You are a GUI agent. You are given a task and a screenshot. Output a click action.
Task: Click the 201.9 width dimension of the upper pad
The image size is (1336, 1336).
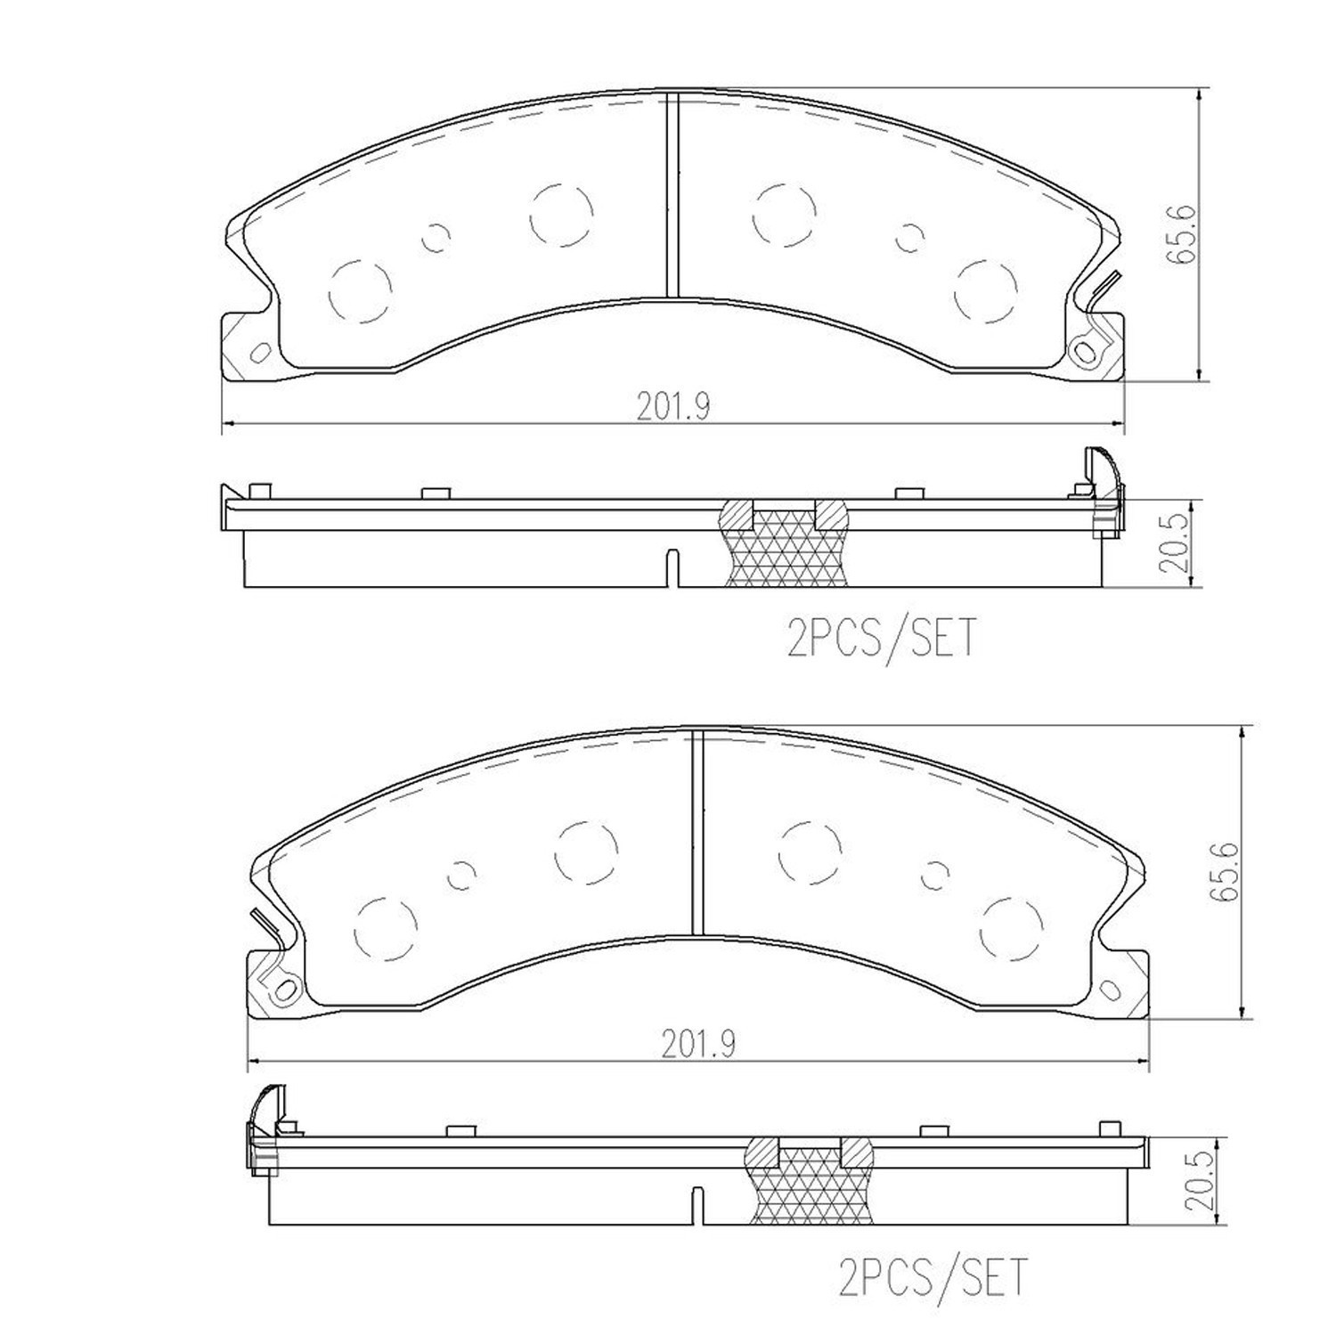(x=672, y=406)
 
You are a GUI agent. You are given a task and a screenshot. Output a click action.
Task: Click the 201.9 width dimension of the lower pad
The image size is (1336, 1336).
(x=697, y=1044)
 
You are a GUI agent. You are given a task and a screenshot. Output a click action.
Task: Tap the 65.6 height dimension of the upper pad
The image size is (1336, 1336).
(x=1183, y=234)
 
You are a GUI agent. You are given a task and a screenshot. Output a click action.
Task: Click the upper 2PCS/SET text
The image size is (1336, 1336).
(x=882, y=638)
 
